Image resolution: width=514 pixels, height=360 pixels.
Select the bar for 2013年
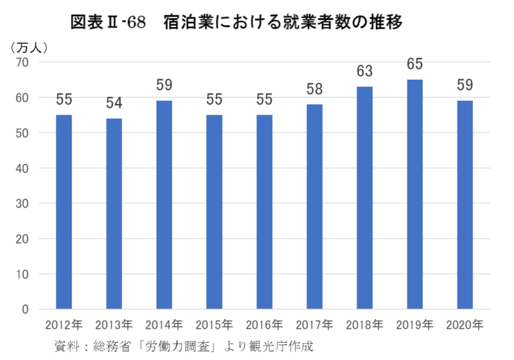[x=114, y=213]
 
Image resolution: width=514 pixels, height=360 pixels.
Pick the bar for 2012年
[x=64, y=212]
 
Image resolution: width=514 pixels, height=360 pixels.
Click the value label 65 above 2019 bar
[x=415, y=65]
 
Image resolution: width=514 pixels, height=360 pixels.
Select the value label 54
[x=114, y=104]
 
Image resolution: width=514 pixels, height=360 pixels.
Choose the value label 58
[x=315, y=89]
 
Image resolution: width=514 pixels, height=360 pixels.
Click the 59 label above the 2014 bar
[x=164, y=85]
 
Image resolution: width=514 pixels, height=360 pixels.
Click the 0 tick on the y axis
[x=26, y=309]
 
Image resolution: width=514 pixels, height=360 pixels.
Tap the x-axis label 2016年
[x=265, y=325]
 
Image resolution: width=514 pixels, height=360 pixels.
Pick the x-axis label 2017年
[x=315, y=325]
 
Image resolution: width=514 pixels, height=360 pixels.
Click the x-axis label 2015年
[x=215, y=325]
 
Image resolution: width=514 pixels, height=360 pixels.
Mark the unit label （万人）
[x=30, y=46]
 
